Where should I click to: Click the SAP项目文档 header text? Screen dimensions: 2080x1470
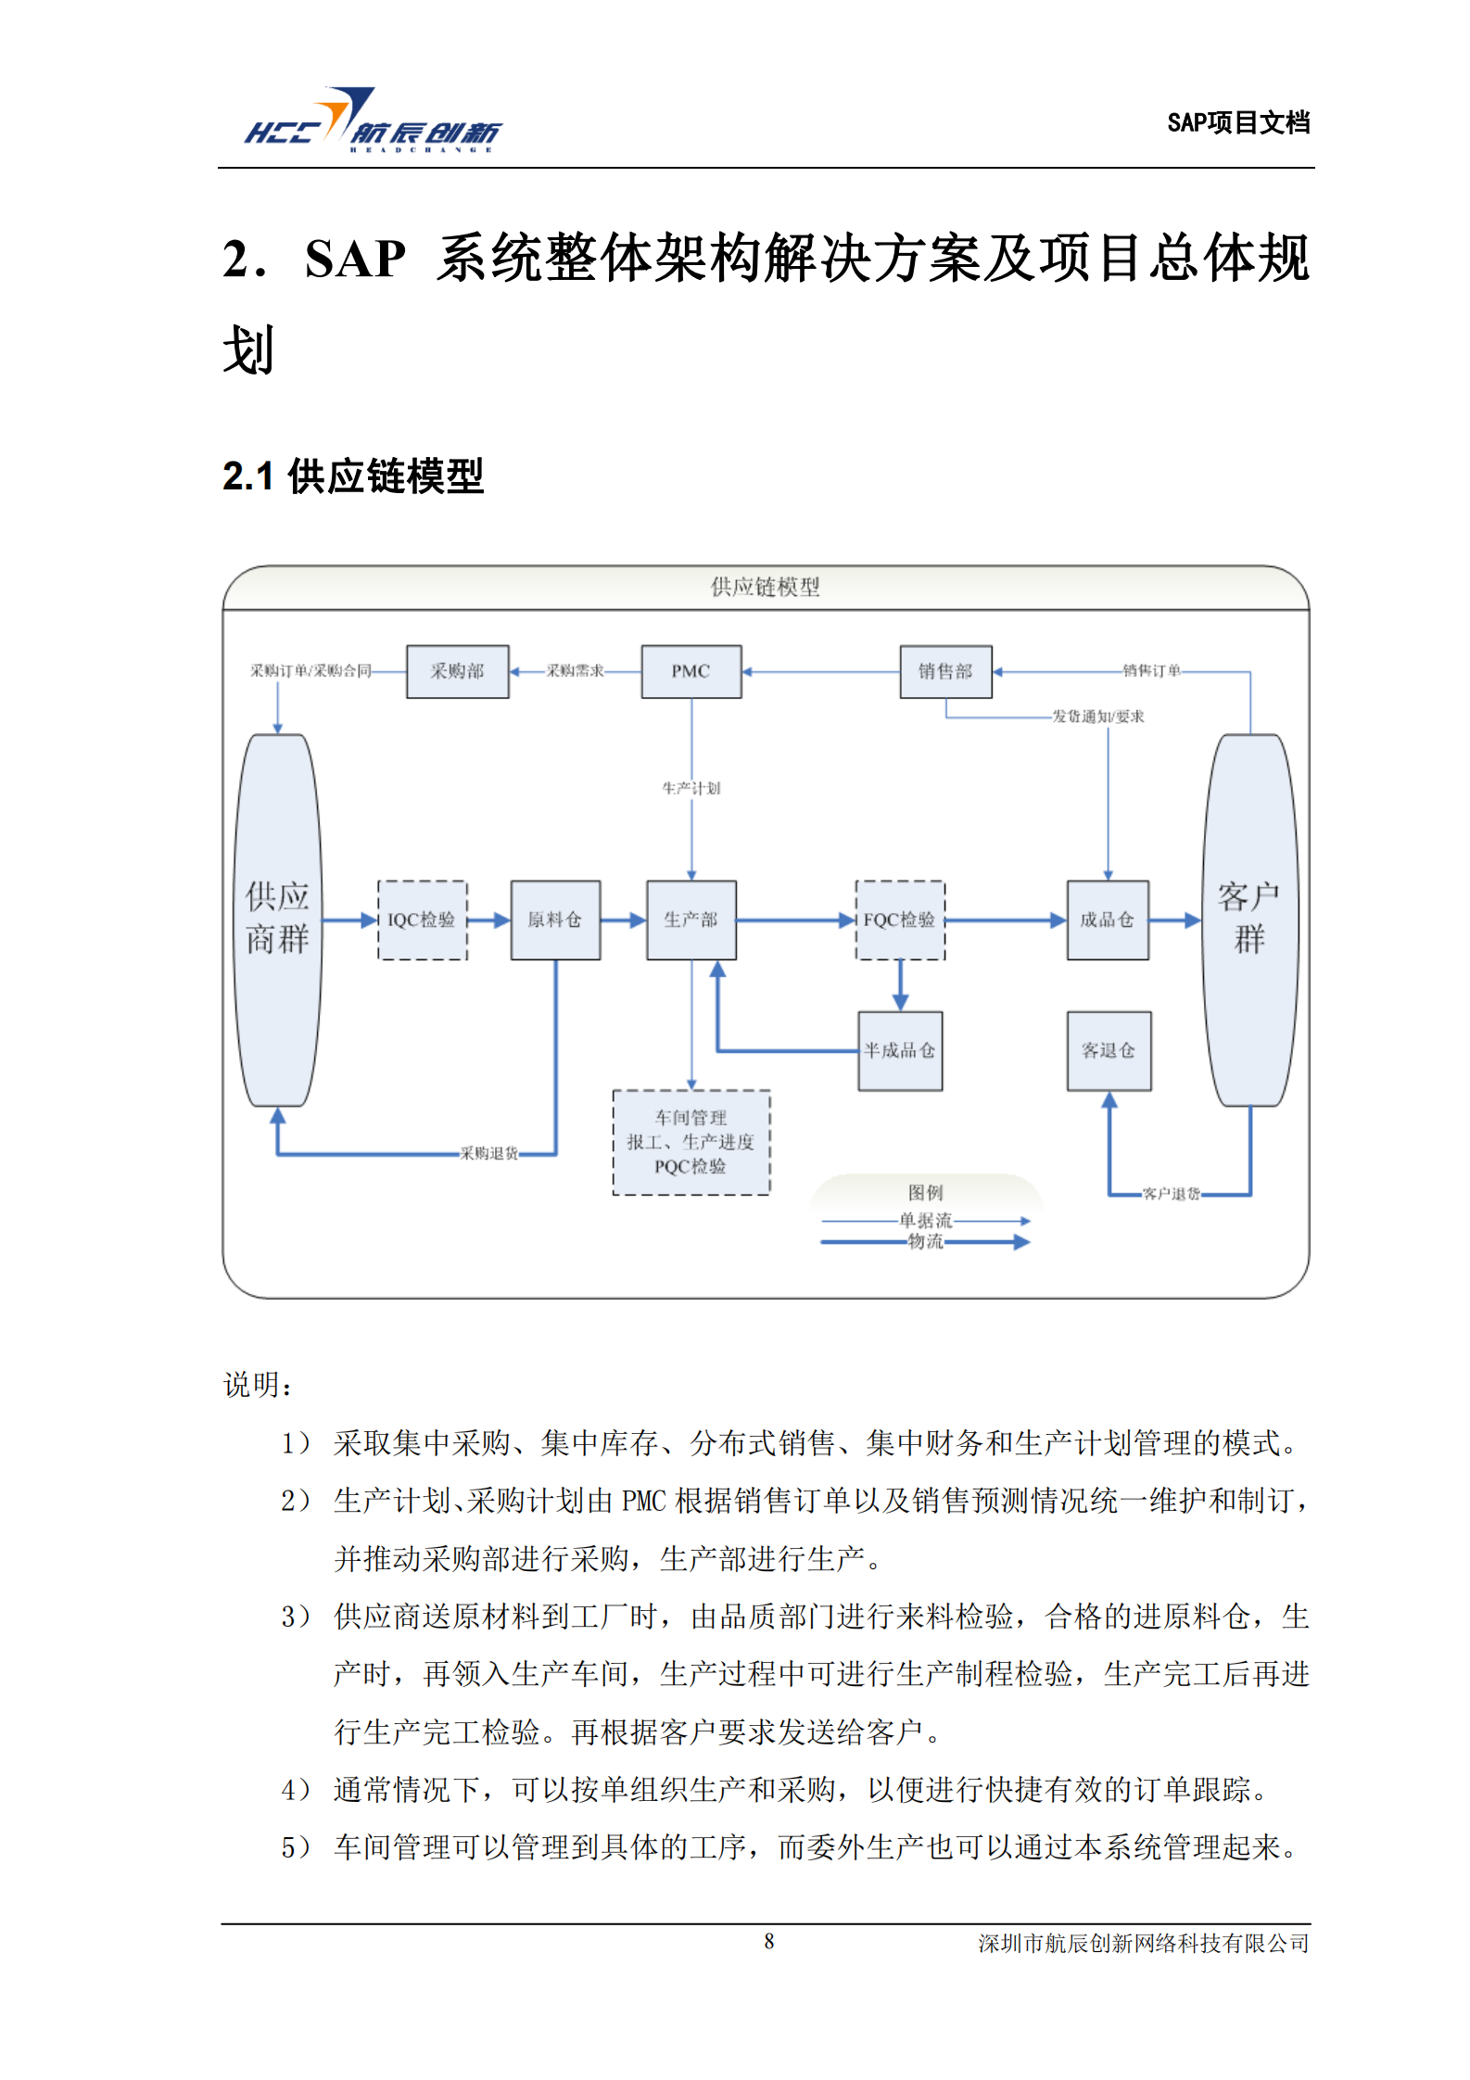(x=1237, y=122)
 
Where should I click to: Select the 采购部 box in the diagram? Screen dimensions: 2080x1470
(x=457, y=671)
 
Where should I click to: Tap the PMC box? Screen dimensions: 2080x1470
(x=691, y=671)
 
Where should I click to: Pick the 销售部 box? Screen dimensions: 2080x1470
(x=945, y=671)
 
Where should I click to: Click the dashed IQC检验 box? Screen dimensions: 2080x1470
(x=422, y=920)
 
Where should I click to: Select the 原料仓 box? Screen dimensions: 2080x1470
(x=555, y=920)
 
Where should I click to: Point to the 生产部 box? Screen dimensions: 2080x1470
(x=691, y=920)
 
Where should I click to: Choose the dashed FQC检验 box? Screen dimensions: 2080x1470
(x=899, y=920)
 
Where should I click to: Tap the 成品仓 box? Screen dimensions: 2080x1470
(x=1108, y=920)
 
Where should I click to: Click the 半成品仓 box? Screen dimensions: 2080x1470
(x=899, y=1050)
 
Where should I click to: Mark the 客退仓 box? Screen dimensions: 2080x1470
(x=1109, y=1050)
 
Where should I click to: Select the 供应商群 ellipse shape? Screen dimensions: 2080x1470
(x=277, y=919)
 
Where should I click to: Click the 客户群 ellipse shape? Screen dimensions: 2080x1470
(x=1249, y=919)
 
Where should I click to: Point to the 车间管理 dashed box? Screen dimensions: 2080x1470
(x=691, y=1142)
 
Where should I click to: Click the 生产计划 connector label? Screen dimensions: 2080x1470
(x=691, y=788)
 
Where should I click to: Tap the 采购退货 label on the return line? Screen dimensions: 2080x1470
(x=488, y=1153)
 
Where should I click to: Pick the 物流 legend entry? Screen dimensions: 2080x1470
(x=925, y=1241)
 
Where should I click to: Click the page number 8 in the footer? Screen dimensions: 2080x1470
(x=768, y=1941)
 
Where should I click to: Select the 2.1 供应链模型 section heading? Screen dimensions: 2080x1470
(x=353, y=476)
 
